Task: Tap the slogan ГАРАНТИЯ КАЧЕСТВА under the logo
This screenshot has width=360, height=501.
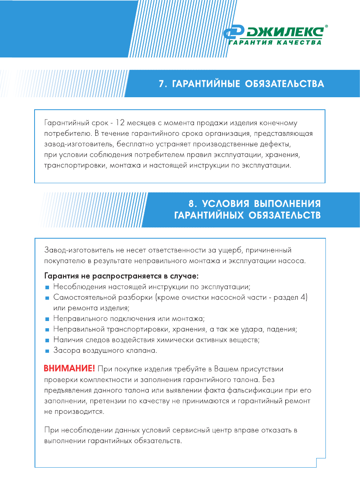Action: [275, 43]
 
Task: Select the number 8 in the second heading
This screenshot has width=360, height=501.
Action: [192, 203]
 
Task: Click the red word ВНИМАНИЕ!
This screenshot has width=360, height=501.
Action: [70, 368]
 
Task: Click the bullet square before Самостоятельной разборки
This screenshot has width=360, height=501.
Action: [47, 298]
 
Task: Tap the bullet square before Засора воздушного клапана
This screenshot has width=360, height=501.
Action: [47, 351]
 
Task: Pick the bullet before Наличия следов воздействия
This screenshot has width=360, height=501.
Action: [47, 340]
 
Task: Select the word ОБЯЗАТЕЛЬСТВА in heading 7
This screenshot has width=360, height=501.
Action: [284, 84]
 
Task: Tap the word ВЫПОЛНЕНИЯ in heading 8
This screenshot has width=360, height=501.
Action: [287, 203]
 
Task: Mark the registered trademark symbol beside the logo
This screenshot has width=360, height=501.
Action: [326, 27]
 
